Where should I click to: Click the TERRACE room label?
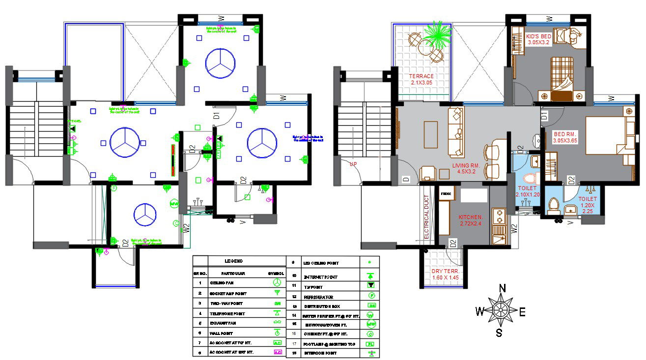[x=421, y=80]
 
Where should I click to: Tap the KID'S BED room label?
[x=538, y=40]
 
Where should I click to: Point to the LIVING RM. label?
[x=467, y=169]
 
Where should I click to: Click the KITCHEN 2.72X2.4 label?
[x=471, y=220]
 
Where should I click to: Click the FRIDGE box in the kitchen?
[x=446, y=194]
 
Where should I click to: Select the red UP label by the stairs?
[x=353, y=164]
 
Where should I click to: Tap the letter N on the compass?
[x=502, y=288]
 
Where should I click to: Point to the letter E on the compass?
[x=522, y=311]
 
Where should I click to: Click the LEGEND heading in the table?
[x=234, y=261]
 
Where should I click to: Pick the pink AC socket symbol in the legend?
[x=277, y=352]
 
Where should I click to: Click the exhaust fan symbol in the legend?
[x=277, y=323]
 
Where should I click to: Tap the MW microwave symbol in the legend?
[x=371, y=324]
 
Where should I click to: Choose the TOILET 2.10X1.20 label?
[x=528, y=192]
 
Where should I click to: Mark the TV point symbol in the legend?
[x=371, y=285]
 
